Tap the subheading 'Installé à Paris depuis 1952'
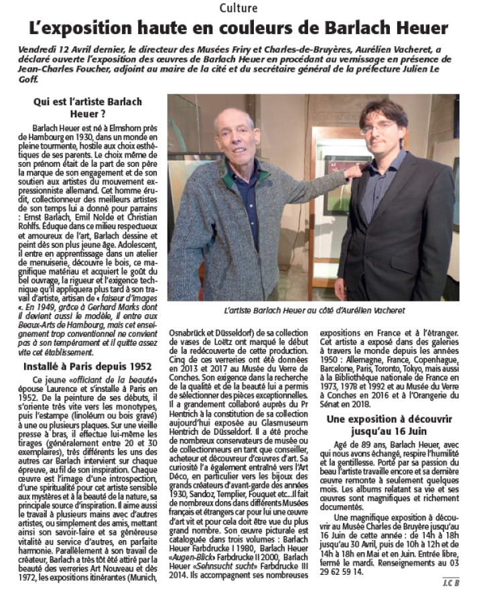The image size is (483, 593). pos(84,367)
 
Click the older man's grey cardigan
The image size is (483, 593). pos(228,221)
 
